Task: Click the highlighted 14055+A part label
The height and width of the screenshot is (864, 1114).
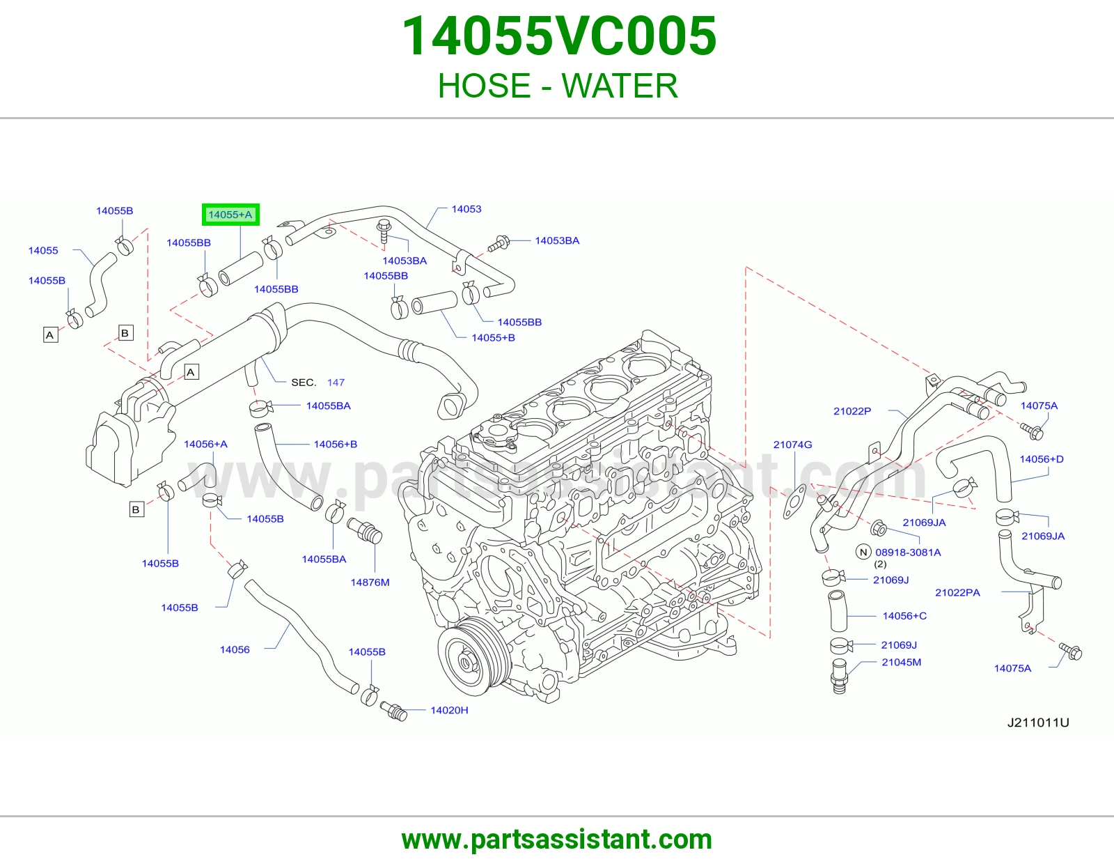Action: pyautogui.click(x=230, y=215)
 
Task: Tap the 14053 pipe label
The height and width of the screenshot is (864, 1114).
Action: pyautogui.click(x=466, y=209)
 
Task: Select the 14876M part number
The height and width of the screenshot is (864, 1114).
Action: pyautogui.click(x=370, y=583)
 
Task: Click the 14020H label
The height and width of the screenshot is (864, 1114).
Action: pyautogui.click(x=449, y=710)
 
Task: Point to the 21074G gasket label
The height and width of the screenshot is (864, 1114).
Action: pyautogui.click(x=792, y=445)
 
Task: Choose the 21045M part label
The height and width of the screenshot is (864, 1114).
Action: pyautogui.click(x=901, y=662)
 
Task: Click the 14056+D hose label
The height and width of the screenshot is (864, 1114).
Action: pyautogui.click(x=1041, y=458)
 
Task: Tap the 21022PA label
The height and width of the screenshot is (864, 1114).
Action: pyautogui.click(x=957, y=592)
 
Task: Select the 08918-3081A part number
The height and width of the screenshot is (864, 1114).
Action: pyautogui.click(x=908, y=552)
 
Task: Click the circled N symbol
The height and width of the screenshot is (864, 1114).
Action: pyautogui.click(x=863, y=552)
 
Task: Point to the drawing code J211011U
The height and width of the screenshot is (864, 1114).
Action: pyautogui.click(x=1038, y=723)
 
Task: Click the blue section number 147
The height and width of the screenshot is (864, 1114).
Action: pyautogui.click(x=336, y=383)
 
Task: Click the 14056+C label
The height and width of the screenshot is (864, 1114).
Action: pyautogui.click(x=904, y=616)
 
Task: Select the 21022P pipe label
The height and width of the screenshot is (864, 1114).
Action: pyautogui.click(x=852, y=411)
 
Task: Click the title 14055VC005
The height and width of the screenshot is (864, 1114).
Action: pyautogui.click(x=558, y=36)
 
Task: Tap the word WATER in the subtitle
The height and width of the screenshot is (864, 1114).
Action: pyautogui.click(x=620, y=86)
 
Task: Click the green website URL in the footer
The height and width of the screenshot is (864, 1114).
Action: pyautogui.click(x=557, y=840)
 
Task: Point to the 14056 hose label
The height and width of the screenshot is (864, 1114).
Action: pyautogui.click(x=235, y=649)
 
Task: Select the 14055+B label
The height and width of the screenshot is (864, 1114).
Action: pyautogui.click(x=493, y=338)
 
